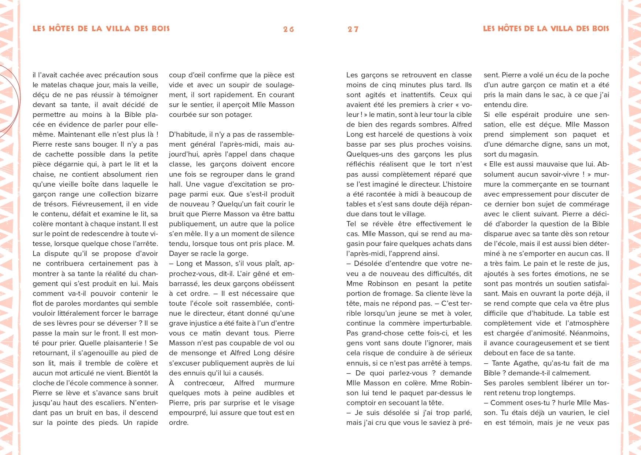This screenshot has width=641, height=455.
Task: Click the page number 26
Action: click(288, 29)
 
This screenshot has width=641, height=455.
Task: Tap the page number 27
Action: click(353, 29)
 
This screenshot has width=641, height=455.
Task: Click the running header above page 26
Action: click(101, 29)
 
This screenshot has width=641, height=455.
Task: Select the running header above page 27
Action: click(546, 29)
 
